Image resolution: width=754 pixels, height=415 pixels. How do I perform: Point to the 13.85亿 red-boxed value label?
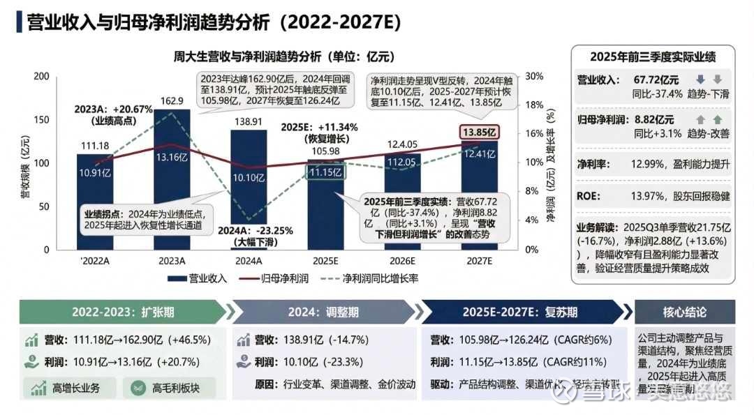(x=479, y=132)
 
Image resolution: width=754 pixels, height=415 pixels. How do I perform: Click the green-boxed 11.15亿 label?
(x=325, y=172)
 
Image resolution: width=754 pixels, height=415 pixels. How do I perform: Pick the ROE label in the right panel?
(x=588, y=197)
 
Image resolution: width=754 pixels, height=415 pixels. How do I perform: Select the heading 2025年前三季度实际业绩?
(x=653, y=57)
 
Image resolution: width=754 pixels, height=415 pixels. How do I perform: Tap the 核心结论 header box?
(x=684, y=312)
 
